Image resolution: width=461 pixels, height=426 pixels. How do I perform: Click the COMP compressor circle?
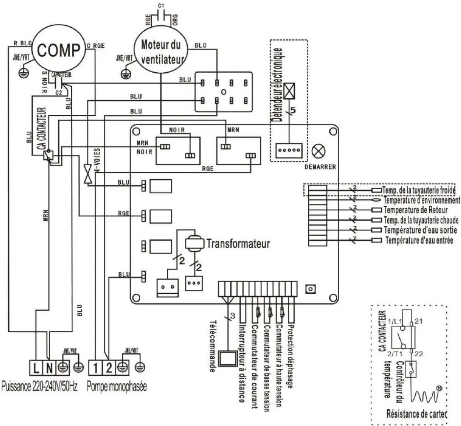point(58,50)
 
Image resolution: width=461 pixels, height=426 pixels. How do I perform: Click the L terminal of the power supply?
point(36,368)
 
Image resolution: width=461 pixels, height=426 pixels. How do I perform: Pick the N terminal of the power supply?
point(50,368)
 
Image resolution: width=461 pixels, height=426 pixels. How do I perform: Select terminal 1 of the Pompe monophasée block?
point(96,368)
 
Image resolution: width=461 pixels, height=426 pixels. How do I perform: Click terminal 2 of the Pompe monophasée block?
point(109,368)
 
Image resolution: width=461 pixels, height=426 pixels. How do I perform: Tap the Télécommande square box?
point(227,358)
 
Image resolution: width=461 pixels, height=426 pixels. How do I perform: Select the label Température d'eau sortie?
point(420,230)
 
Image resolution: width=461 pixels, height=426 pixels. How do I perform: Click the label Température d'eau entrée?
point(419,240)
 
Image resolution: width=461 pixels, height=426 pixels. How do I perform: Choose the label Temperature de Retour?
point(416,210)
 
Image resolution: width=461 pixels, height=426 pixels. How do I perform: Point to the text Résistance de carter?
point(416,414)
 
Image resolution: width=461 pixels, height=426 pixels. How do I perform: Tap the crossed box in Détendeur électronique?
point(289,91)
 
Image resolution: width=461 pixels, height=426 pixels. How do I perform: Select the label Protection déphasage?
point(290,356)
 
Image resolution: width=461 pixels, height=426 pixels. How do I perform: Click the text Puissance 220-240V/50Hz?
point(39,387)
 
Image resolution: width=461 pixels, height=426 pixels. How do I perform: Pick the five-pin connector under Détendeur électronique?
point(288,150)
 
